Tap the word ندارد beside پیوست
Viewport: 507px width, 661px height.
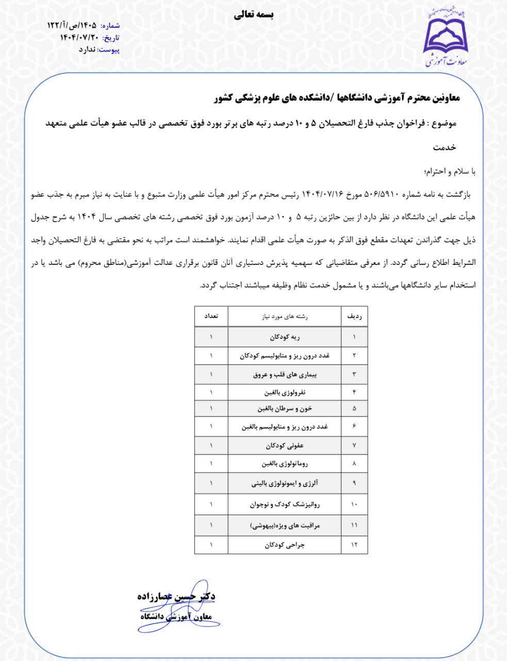(x=88, y=50)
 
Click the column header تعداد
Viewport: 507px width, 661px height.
(x=211, y=316)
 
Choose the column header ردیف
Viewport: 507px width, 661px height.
(x=354, y=316)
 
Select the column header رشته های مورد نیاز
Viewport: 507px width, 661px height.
(x=285, y=316)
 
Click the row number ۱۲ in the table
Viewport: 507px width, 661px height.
(x=354, y=545)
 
